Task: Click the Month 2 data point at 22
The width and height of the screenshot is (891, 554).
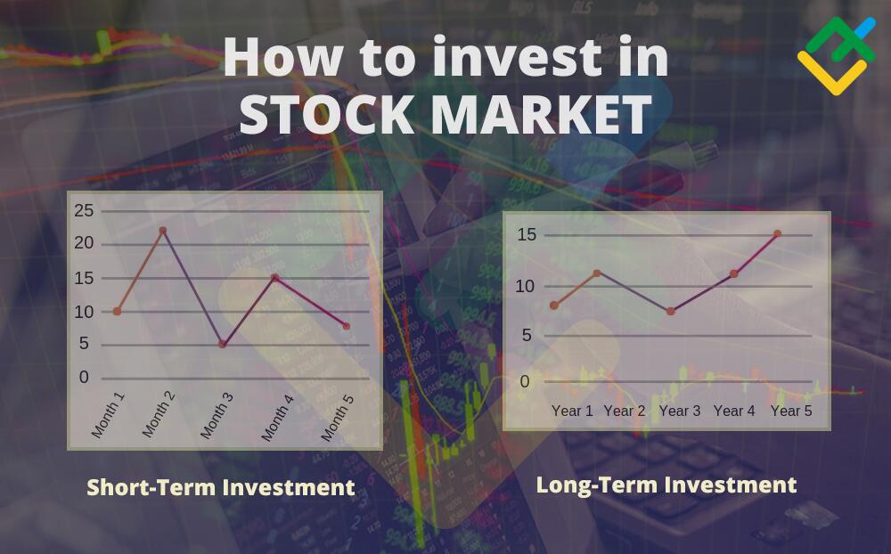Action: point(163,230)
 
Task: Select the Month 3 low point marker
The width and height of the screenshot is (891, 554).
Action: point(223,345)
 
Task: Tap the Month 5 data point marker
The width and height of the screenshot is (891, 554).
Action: point(347,326)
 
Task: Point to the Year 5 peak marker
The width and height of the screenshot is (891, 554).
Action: point(777,233)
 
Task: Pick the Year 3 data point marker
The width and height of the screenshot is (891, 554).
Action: point(671,312)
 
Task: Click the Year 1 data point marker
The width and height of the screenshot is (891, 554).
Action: point(554,306)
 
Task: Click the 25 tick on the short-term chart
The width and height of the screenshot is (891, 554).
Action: point(84,211)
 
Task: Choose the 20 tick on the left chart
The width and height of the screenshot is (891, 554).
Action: point(84,243)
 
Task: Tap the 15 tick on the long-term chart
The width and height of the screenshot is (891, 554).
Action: point(527,234)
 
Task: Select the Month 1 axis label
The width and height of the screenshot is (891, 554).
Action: point(108,415)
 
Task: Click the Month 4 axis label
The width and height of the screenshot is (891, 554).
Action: point(277,418)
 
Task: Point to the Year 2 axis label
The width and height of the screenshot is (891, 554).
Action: point(625,411)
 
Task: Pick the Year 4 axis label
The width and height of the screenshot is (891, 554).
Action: point(734,411)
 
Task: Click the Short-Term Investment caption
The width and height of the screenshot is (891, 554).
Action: point(220,487)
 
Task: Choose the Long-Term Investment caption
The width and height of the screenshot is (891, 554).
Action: point(666,485)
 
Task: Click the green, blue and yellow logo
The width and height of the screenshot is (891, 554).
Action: point(837,56)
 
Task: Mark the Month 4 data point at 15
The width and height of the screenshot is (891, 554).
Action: point(275,278)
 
